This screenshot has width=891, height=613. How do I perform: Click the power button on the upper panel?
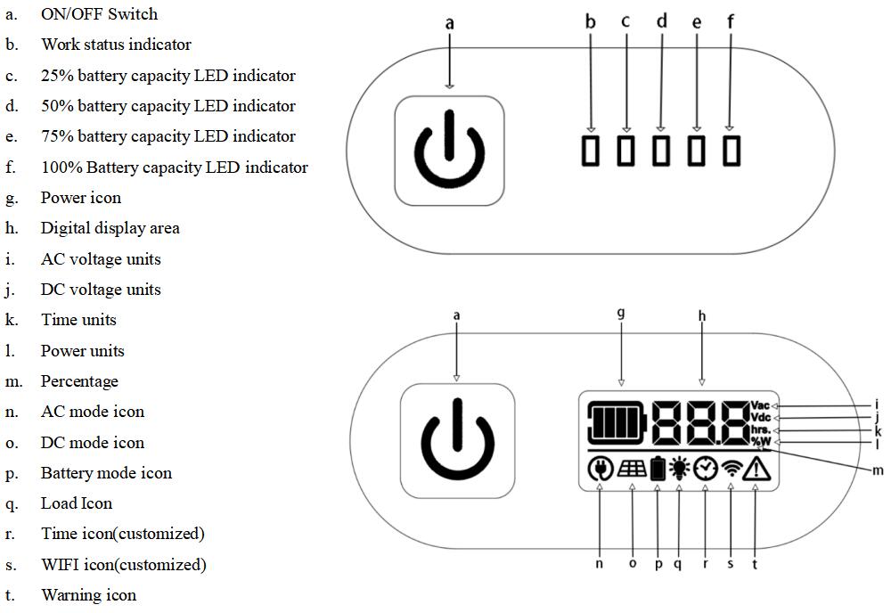450,150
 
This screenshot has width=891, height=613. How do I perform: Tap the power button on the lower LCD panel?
457,440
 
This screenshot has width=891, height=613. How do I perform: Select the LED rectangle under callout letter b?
591,150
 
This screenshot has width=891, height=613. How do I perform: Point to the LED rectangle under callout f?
732,150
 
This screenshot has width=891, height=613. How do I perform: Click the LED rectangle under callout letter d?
661,150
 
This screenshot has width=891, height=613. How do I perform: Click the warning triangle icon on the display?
756,469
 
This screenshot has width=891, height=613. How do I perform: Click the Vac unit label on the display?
760,405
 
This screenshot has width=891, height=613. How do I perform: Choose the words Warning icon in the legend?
88,595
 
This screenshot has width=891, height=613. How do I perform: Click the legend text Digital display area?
110,228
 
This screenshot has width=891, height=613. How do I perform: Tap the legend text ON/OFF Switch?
99,14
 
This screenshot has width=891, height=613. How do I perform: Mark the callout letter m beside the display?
877,470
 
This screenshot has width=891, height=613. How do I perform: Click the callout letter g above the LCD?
621,313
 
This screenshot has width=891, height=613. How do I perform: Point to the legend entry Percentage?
79,381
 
